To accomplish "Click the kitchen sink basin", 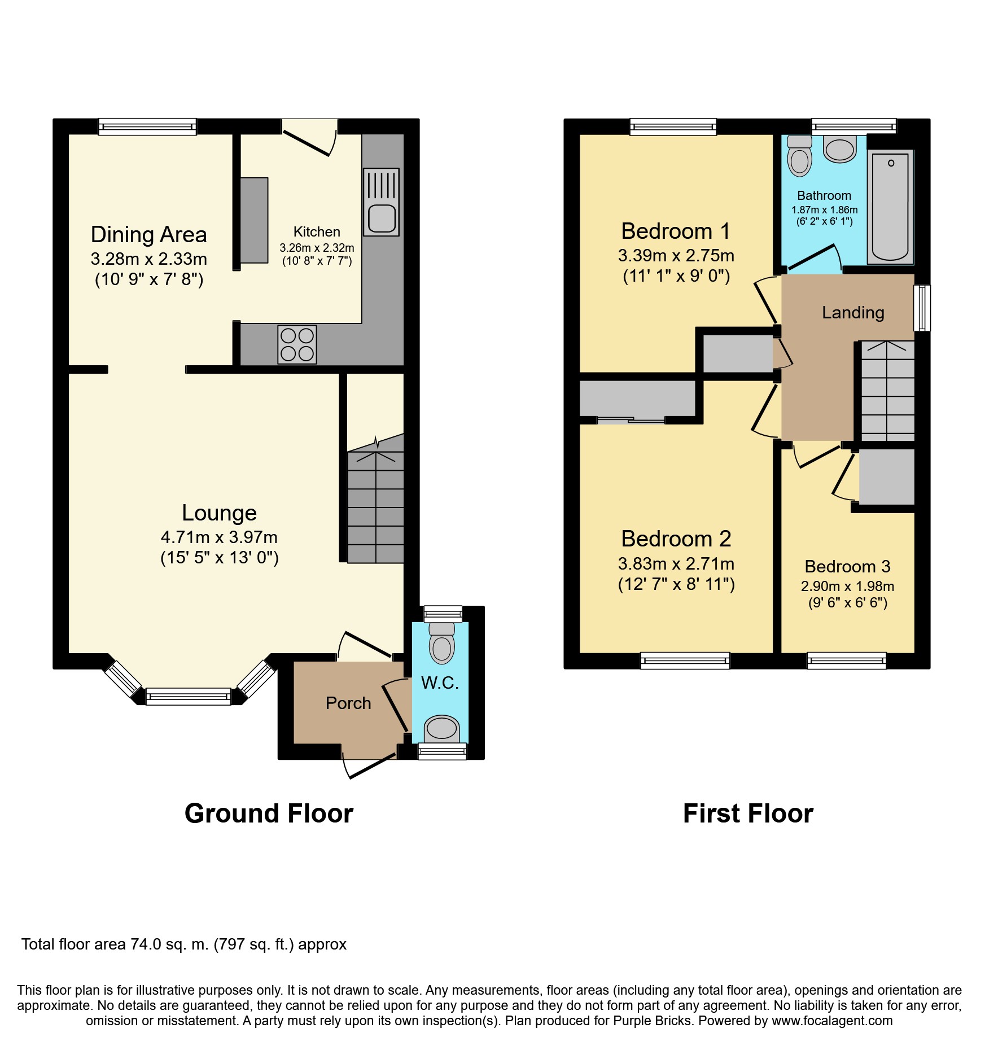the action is [x=382, y=218].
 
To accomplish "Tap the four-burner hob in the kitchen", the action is [x=297, y=344].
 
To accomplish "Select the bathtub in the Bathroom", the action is [x=890, y=207].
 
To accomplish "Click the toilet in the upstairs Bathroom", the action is [x=799, y=155].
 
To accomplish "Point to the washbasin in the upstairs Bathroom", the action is [x=840, y=148].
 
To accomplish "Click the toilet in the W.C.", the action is [x=442, y=643].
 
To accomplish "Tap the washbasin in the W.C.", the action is [x=441, y=729].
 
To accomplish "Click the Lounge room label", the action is [x=219, y=513].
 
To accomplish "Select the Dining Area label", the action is [x=149, y=235].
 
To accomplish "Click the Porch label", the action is [x=348, y=703].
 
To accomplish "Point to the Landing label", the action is [x=853, y=312].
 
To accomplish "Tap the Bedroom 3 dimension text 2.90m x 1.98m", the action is [x=847, y=586].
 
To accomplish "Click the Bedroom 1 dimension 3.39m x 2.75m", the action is [x=676, y=256].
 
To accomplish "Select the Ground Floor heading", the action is [x=269, y=813].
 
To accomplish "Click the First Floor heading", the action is [x=748, y=813].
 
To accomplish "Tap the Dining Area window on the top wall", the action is [x=147, y=126].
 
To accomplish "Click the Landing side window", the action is [x=922, y=307].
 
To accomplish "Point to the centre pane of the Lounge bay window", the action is [x=189, y=697].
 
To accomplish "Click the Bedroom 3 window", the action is [x=847, y=660].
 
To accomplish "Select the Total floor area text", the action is [x=184, y=944].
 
